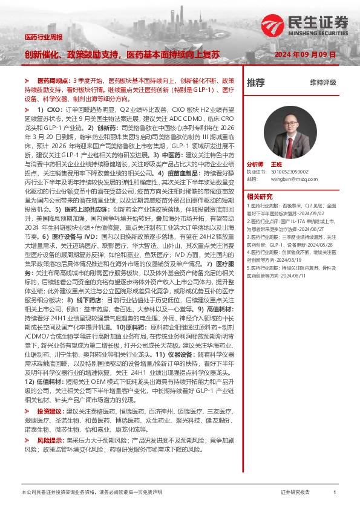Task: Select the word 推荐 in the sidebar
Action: click(x=256, y=82)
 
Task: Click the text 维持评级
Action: click(x=322, y=83)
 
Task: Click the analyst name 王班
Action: click(x=277, y=164)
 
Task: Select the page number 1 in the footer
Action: click(x=335, y=493)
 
